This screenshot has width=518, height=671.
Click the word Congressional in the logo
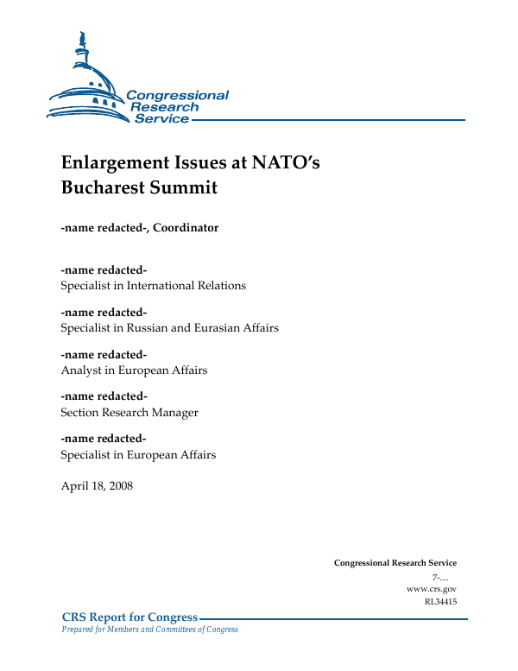pos(177,96)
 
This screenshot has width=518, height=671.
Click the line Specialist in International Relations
pos(153,285)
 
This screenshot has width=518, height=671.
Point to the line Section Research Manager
pos(129,412)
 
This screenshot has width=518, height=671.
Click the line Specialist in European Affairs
pos(138,454)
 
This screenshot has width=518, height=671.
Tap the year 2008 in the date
pos(119,485)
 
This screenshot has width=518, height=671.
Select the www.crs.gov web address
pos(431,588)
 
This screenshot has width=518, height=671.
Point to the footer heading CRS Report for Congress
pos(129,617)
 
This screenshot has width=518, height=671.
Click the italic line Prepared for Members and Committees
pos(148,630)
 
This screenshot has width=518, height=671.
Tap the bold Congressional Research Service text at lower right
pos(395,563)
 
